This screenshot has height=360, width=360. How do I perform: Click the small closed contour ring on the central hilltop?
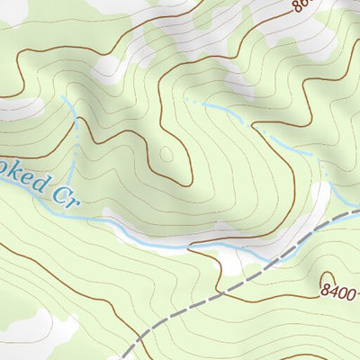point(165,155)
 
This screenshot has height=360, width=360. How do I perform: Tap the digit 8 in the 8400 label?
point(325,291)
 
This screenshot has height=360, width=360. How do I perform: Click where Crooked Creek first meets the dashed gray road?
point(270,260)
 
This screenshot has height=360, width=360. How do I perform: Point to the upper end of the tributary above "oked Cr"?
point(65,97)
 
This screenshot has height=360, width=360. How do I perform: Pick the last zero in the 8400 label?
point(354,291)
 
